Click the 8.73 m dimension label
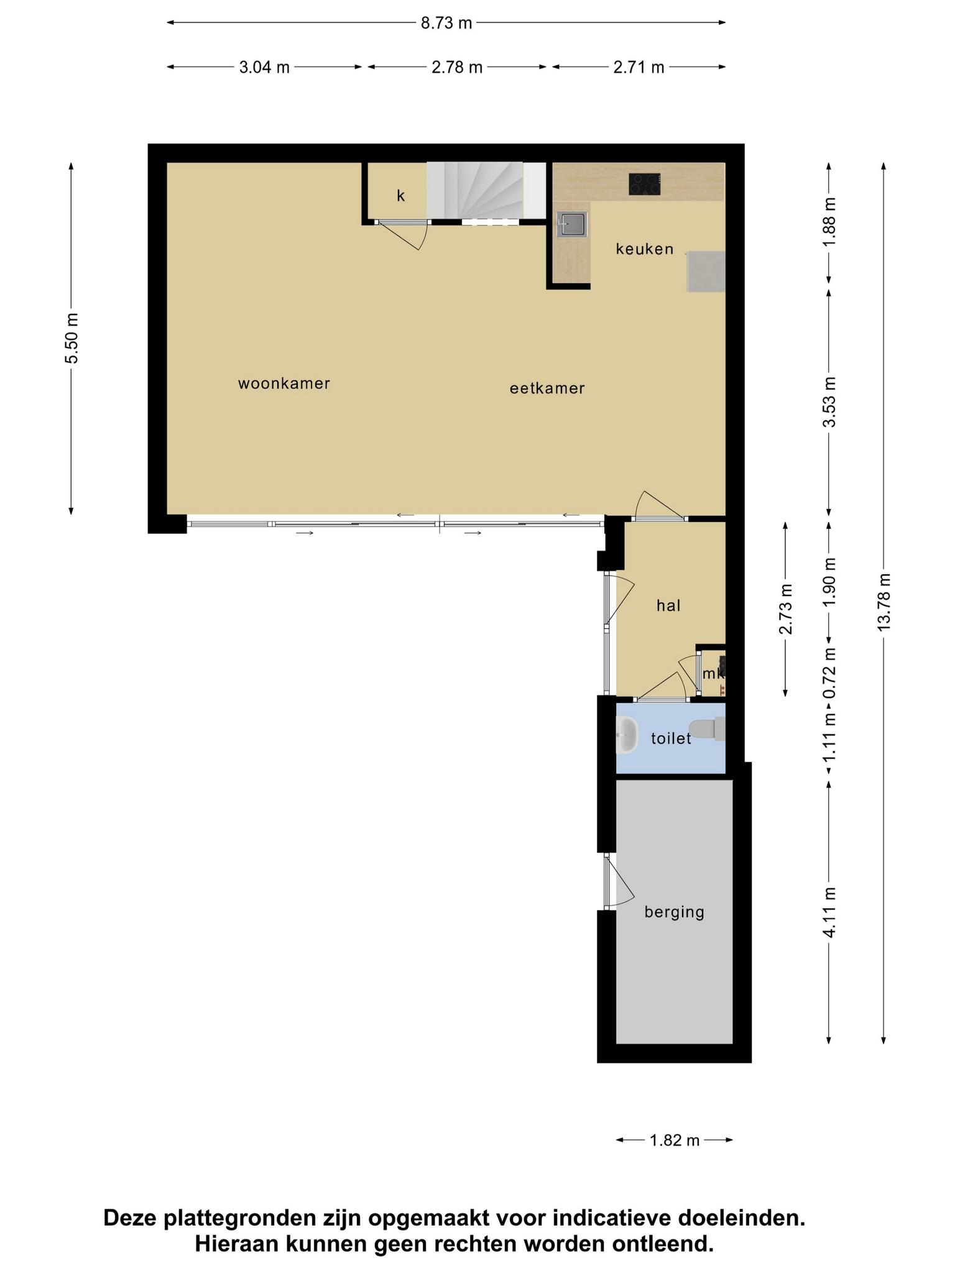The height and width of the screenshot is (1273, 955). (446, 23)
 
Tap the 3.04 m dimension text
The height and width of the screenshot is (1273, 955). (264, 67)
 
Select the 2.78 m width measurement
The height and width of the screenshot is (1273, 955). (457, 67)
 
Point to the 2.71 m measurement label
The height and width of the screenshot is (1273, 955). (639, 67)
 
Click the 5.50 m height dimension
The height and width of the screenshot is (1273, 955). (72, 338)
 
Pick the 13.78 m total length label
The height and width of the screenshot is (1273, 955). (884, 602)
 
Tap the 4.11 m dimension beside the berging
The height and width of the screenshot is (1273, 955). (829, 912)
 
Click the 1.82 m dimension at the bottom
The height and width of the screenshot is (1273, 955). (675, 1140)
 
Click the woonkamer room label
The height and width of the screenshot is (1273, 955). (284, 384)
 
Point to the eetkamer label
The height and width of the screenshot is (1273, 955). (547, 388)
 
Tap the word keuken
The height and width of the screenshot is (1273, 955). (645, 249)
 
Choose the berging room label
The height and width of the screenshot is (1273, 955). (675, 912)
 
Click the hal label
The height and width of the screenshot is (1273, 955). (668, 605)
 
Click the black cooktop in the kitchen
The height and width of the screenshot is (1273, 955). (645, 185)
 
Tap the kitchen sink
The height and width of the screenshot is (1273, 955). (571, 224)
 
